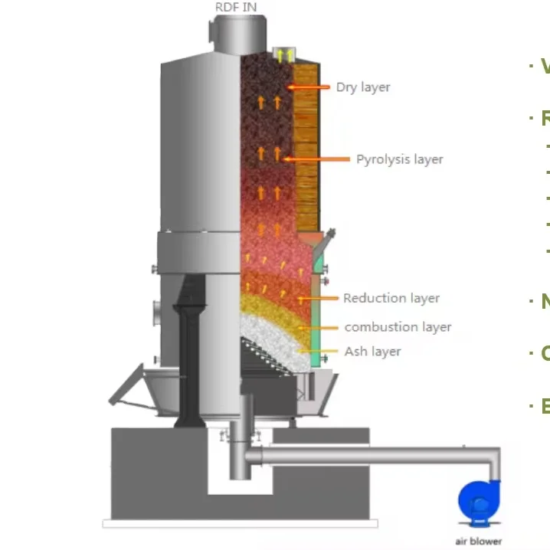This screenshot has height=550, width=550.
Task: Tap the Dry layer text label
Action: [x=362, y=87]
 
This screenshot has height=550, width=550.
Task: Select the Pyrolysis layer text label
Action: [x=399, y=159]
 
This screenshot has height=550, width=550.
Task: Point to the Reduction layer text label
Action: [x=391, y=298]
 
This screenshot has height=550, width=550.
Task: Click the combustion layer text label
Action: [x=398, y=327]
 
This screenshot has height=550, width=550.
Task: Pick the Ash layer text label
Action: [x=372, y=352]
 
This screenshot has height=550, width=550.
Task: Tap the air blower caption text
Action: [x=478, y=541]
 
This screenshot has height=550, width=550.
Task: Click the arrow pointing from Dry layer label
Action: [x=309, y=88]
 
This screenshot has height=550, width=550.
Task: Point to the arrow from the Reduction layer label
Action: [x=319, y=298]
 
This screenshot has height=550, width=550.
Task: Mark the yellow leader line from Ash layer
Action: [x=320, y=352]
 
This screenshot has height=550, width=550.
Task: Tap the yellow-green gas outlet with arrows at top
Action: [x=285, y=54]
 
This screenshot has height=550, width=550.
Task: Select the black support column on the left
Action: [x=188, y=352]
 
